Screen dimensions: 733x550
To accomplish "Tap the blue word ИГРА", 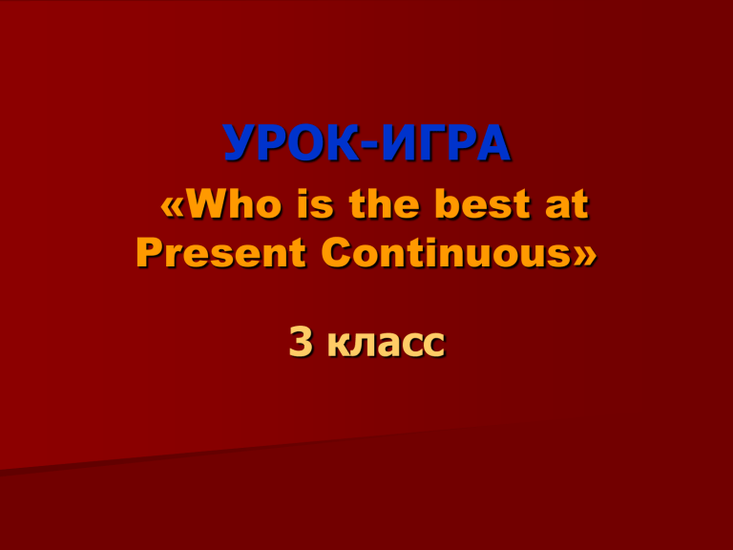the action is click(446, 143).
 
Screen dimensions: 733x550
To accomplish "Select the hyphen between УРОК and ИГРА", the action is click(370, 146).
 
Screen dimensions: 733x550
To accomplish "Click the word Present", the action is click(221, 253).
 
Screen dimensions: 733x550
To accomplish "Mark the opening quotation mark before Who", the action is click(173, 208).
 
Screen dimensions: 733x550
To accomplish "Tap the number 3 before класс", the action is click(301, 342).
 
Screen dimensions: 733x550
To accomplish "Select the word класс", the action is click(387, 345).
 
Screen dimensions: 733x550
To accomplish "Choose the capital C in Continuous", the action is click(336, 253).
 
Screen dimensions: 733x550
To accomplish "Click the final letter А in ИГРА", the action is click(493, 143).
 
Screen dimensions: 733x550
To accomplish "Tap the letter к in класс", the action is click(339, 346).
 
